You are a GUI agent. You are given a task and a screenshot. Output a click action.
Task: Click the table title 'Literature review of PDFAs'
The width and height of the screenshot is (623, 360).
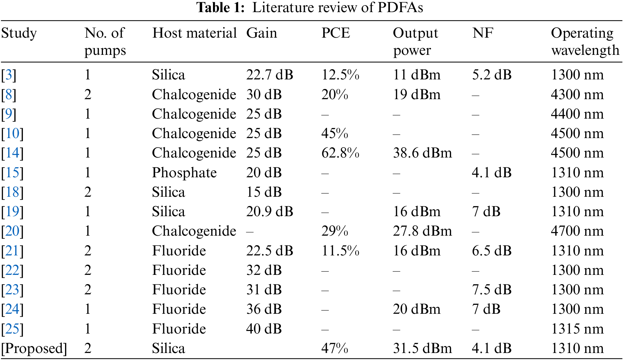(310, 8)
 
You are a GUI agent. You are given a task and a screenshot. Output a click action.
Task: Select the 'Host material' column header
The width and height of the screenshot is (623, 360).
(194, 33)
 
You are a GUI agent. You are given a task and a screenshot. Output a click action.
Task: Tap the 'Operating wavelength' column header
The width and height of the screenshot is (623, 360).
(585, 41)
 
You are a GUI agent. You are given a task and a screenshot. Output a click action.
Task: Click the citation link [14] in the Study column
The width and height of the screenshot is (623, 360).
(13, 153)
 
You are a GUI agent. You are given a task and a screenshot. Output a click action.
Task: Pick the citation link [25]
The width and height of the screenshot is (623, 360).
(13, 329)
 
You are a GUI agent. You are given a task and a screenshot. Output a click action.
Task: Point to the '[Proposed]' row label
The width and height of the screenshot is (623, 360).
(34, 349)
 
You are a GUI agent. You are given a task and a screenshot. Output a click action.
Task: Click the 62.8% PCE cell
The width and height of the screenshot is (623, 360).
(340, 153)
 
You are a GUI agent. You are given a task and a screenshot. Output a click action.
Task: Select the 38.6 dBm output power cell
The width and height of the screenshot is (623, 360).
(422, 153)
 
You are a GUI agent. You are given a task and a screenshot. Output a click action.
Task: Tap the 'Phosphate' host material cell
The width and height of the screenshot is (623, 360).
(184, 173)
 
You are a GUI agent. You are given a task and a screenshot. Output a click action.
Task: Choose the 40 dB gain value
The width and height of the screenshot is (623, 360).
(264, 329)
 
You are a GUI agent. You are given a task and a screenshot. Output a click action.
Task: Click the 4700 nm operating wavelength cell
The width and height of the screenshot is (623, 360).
(577, 231)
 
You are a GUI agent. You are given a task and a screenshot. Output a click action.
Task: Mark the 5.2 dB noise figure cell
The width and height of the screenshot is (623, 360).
(491, 75)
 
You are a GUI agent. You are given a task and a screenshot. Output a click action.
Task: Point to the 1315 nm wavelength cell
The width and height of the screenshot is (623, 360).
(577, 329)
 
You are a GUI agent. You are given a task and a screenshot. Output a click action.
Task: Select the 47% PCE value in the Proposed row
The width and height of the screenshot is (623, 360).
(334, 349)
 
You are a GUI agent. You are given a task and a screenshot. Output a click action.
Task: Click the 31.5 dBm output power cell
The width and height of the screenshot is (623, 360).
(422, 349)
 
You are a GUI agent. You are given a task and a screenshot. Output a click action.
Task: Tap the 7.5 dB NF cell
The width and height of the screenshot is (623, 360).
(491, 290)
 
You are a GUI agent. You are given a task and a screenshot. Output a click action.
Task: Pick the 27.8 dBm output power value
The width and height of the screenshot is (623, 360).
(422, 231)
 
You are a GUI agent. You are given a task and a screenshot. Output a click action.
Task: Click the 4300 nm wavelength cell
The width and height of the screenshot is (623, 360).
(577, 95)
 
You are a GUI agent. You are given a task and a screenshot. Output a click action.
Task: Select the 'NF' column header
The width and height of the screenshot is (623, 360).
(483, 33)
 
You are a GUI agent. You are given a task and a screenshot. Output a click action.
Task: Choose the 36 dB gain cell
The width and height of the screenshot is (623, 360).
(264, 309)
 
